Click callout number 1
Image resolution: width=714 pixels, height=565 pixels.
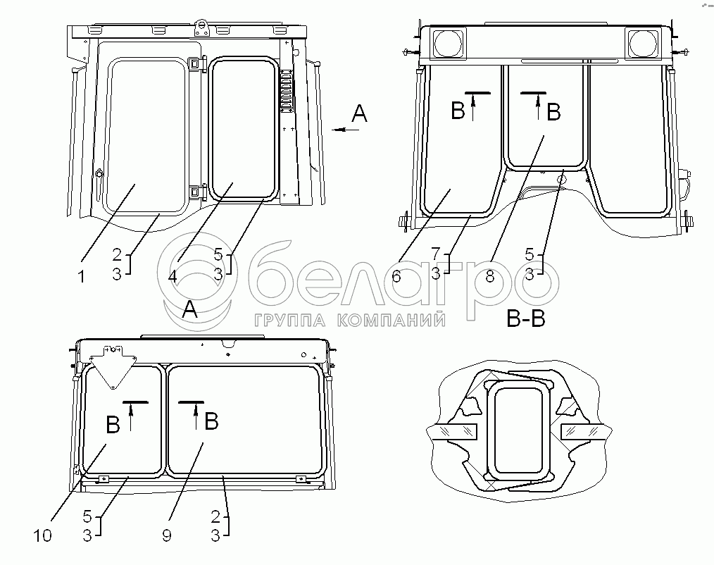[82, 277]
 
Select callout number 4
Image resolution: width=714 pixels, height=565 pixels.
[172, 276]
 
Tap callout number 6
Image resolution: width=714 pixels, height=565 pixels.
[396, 276]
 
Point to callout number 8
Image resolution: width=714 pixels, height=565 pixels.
[490, 276]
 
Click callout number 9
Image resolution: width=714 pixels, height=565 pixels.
[167, 535]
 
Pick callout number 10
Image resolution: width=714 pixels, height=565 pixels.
[43, 535]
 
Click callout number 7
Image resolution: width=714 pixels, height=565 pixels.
[436, 253]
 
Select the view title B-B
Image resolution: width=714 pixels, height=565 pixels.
[526, 318]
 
